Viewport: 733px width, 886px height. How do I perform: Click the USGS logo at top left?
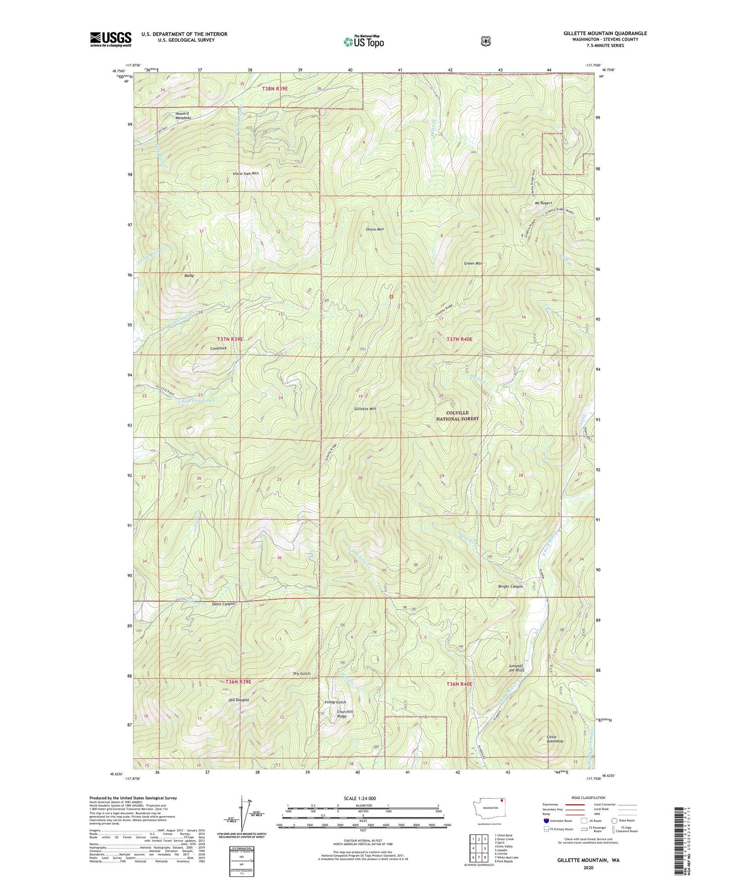tap(110, 39)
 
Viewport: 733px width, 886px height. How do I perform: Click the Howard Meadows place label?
tap(182, 115)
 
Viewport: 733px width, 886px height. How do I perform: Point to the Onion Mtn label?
tap(374, 229)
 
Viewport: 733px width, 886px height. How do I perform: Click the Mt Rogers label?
tap(543, 203)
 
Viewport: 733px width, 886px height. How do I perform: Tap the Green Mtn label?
tap(473, 263)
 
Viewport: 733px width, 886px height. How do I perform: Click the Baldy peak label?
tap(189, 276)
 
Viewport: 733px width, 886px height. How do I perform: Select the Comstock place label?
tap(218, 348)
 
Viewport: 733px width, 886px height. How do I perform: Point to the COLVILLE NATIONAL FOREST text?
tap(457, 415)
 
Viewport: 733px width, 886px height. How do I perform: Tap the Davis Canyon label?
tap(224, 604)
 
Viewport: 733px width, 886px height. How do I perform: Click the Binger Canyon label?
tap(510, 586)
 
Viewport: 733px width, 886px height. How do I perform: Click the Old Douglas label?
tap(239, 700)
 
